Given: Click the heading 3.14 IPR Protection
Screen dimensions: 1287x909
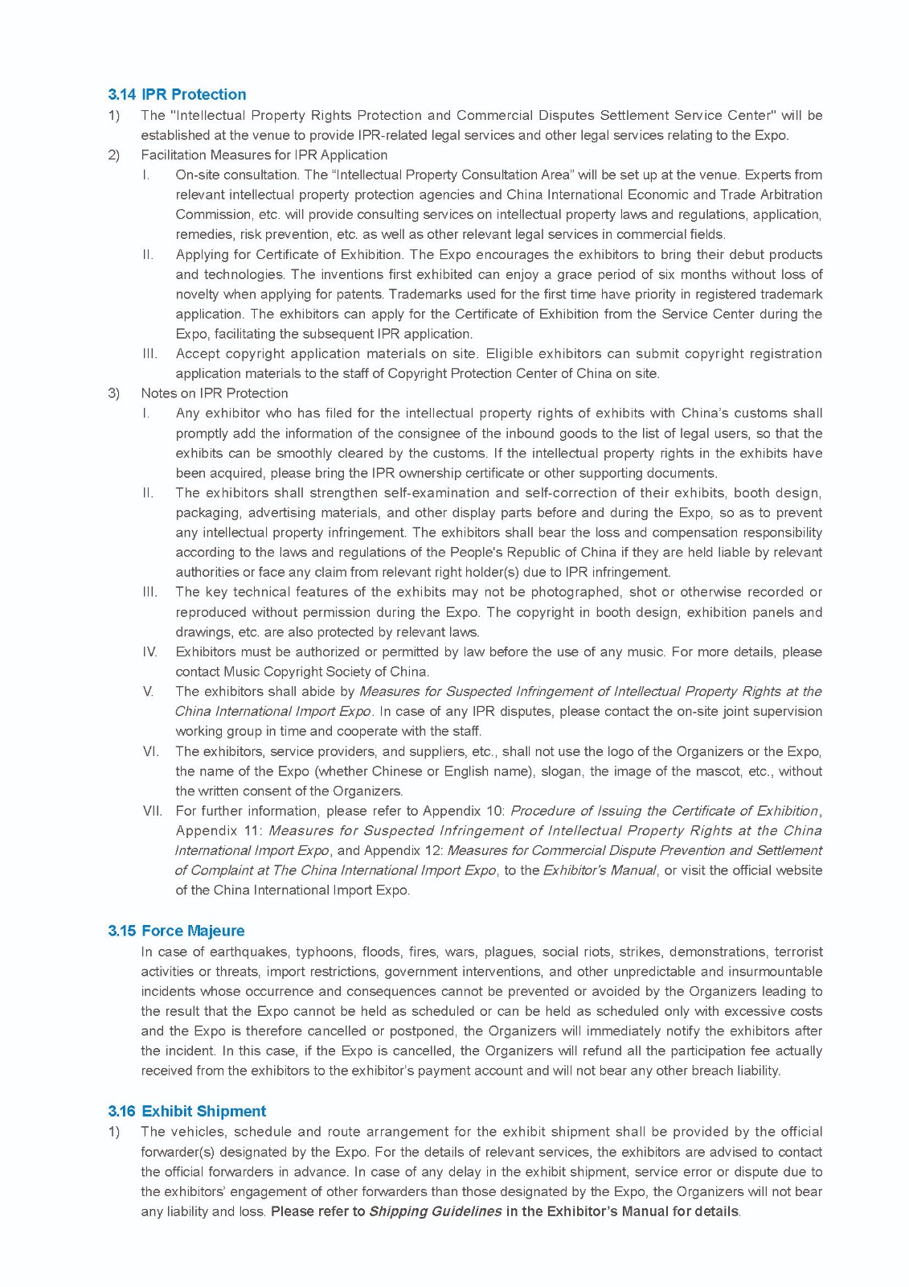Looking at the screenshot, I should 177,94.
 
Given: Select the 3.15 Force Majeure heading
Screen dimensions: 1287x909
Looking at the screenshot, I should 176,931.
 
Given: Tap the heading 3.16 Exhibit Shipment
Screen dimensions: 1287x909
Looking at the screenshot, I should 187,1111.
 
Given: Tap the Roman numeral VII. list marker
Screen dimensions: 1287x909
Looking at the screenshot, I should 152,811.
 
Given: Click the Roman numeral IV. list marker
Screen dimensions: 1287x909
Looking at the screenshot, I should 149,652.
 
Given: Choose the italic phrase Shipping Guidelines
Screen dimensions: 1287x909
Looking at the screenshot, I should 435,1211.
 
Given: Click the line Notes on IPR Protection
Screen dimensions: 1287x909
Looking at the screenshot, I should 215,393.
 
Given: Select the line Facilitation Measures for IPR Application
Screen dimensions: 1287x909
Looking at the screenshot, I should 264,154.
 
